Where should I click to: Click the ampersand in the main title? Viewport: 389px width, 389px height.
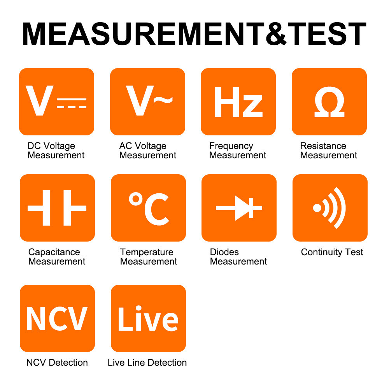click(x=276, y=34)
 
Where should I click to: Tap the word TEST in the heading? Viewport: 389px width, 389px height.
click(x=327, y=34)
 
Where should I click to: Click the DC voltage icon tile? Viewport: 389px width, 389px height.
click(x=56, y=102)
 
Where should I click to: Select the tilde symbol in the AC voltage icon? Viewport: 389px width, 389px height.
click(x=163, y=99)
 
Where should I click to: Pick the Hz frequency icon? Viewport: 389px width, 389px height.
click(x=238, y=102)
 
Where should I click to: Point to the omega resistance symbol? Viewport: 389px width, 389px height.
click(x=329, y=102)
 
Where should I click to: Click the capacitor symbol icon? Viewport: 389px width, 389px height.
click(x=57, y=208)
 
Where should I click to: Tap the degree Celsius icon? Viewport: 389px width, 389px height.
click(x=148, y=208)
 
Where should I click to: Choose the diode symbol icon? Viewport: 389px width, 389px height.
click(x=239, y=208)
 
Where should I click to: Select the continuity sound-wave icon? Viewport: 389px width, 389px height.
click(x=330, y=208)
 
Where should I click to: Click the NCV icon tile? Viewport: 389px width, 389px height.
click(x=57, y=318)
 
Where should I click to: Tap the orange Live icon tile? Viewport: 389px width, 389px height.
click(x=148, y=318)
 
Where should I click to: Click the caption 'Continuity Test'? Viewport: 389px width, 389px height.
click(x=332, y=252)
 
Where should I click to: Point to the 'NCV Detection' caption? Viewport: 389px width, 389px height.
click(x=57, y=363)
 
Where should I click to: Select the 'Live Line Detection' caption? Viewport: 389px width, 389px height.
click(x=147, y=363)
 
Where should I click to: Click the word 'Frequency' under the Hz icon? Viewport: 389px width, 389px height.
click(x=231, y=146)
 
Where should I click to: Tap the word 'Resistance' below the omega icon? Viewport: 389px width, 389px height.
click(x=323, y=146)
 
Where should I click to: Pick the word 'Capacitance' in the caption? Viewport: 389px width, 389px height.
click(x=54, y=252)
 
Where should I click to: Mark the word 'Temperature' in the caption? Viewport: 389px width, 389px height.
click(x=147, y=252)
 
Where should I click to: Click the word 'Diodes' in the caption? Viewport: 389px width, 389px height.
click(x=224, y=252)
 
